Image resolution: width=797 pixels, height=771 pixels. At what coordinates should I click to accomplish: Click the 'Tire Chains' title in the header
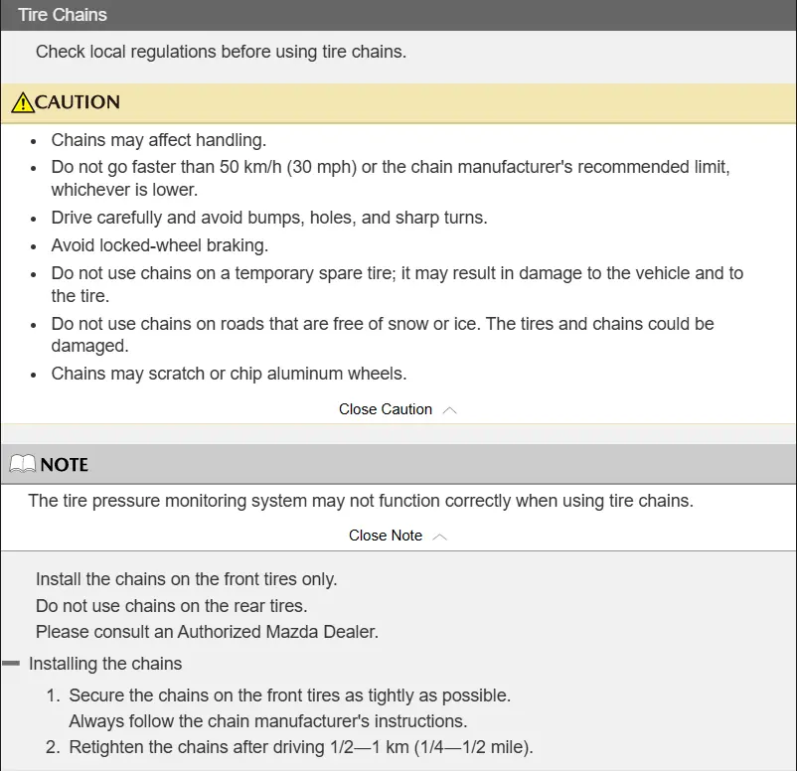point(63,15)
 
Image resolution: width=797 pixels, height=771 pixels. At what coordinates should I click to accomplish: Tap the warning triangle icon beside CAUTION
point(22,102)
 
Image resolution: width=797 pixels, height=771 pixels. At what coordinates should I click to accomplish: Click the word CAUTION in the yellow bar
point(78,102)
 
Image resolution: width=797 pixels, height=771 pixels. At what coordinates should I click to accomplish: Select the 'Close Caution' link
point(386,409)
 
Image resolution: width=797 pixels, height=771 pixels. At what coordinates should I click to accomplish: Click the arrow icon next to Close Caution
point(449,410)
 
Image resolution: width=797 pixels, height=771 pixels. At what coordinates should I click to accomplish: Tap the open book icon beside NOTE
point(22,465)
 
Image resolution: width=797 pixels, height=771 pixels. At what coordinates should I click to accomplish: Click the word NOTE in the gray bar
point(65,465)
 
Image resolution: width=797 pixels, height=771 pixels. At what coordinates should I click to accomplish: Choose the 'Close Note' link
point(386,536)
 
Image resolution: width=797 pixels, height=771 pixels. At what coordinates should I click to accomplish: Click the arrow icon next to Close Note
point(440,537)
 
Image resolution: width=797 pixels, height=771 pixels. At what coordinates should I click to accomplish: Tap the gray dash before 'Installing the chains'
point(11,663)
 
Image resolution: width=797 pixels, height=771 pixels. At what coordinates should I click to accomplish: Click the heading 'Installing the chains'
point(105,664)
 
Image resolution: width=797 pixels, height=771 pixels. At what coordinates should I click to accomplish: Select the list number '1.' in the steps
point(54,695)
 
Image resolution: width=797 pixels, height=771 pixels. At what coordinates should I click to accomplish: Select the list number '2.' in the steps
point(54,747)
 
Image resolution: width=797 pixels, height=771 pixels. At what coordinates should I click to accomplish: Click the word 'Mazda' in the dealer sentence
point(291,631)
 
